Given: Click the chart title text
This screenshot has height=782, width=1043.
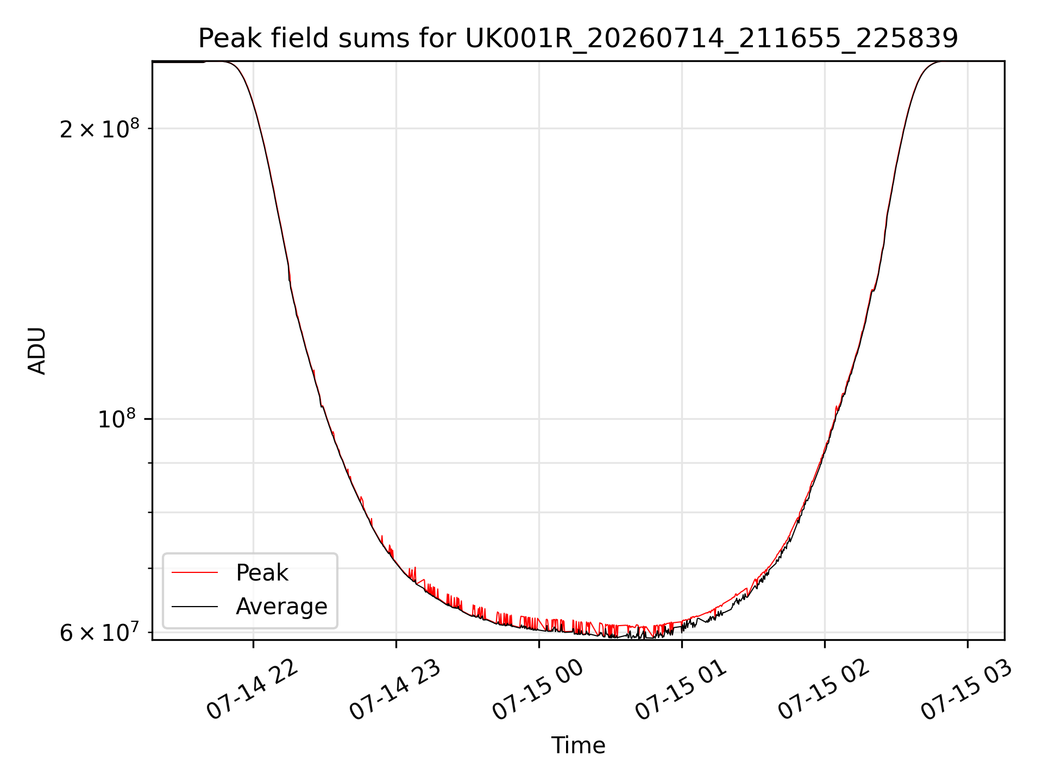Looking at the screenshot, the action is [x=578, y=39].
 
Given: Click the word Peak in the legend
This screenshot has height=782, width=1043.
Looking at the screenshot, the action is [x=262, y=573].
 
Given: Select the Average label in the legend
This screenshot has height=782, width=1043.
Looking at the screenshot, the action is [x=281, y=607].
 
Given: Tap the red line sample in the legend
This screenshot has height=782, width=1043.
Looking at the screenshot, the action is [x=195, y=573].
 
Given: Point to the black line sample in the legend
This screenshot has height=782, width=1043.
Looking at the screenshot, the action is [x=195, y=607].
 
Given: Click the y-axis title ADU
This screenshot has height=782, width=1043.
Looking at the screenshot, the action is [x=37, y=351].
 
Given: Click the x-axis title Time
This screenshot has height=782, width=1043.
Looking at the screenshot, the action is [x=578, y=746].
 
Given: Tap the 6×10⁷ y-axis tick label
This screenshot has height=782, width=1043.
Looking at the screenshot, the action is [x=99, y=632].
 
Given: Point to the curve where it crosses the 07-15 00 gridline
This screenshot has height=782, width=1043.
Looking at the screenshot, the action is [x=539, y=628].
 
